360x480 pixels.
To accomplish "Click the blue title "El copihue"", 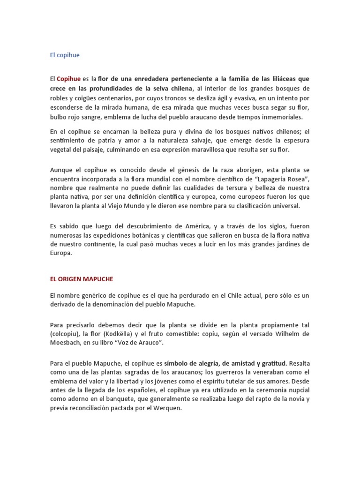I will [65, 55].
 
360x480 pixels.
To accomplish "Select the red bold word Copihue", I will [68, 78].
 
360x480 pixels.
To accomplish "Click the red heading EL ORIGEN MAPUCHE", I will [82, 279].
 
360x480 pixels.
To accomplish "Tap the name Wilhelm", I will [284, 333].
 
